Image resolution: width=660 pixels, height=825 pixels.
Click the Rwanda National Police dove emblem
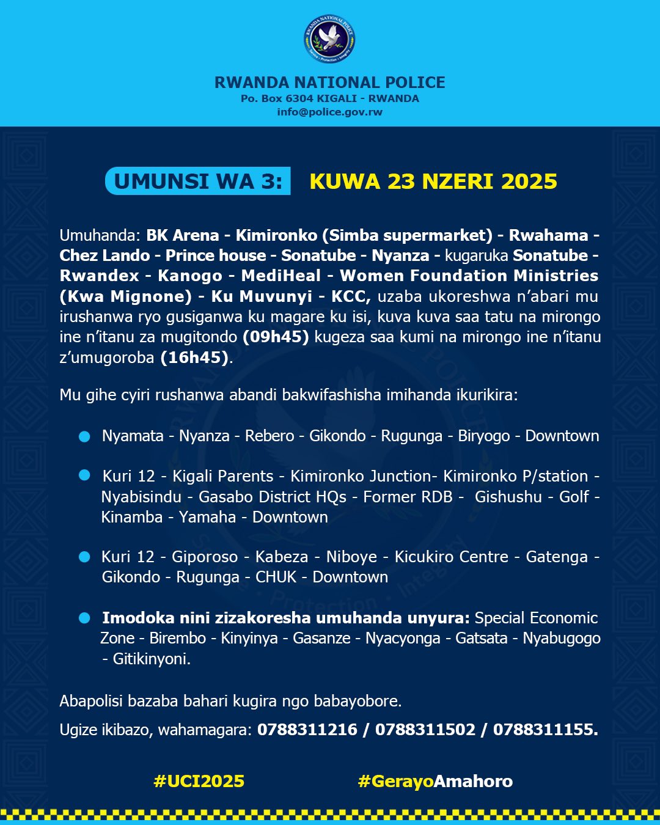(x=329, y=38)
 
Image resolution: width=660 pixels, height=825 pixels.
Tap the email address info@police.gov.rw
(x=329, y=112)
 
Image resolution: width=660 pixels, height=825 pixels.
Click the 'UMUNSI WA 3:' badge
(x=198, y=182)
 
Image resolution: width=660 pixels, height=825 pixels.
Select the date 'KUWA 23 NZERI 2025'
(x=433, y=182)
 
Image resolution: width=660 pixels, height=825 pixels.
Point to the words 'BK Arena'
(x=183, y=235)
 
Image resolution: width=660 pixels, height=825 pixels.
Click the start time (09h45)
(x=276, y=337)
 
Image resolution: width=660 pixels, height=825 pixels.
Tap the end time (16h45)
(x=194, y=358)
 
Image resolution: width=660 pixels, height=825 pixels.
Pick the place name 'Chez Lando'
(x=105, y=255)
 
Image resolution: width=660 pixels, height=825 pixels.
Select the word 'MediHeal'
(x=280, y=276)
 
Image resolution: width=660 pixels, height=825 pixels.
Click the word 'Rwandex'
(x=100, y=276)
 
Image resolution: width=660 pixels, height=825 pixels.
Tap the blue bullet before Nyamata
(x=84, y=436)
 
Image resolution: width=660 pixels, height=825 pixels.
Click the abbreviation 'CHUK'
(x=276, y=577)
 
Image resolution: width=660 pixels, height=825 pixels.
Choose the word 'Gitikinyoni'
(x=151, y=659)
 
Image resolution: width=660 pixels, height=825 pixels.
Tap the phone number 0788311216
(x=307, y=730)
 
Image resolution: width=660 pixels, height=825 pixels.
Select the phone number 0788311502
(x=425, y=730)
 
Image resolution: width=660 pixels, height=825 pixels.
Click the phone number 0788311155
(x=544, y=730)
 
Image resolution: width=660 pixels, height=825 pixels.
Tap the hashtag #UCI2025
(x=199, y=781)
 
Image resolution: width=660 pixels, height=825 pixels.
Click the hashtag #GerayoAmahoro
(x=435, y=781)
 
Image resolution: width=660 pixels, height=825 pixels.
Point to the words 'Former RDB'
(x=408, y=497)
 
